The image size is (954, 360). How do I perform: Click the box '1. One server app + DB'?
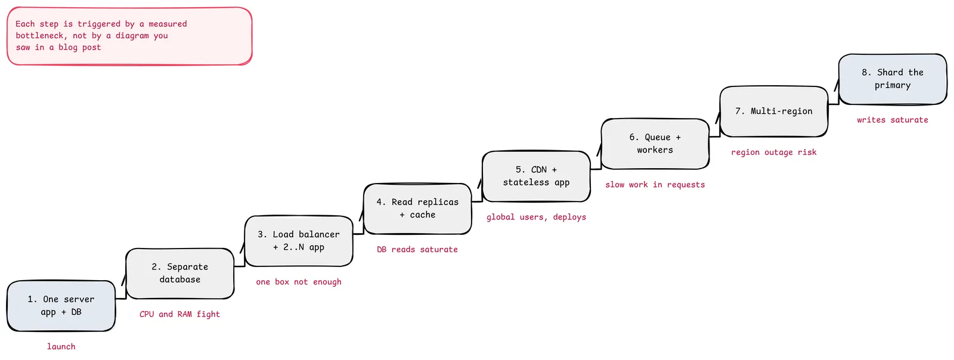click(x=61, y=306)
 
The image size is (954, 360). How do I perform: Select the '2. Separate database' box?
click(x=179, y=273)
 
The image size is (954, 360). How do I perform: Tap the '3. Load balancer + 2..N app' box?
click(x=299, y=241)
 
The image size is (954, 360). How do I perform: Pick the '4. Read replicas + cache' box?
click(x=417, y=209)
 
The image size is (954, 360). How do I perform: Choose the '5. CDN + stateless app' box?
click(x=536, y=176)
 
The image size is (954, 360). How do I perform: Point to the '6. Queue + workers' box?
click(x=655, y=144)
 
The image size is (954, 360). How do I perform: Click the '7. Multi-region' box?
click(x=774, y=111)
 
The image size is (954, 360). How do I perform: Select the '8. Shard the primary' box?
click(x=893, y=79)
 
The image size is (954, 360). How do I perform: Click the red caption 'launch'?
click(x=61, y=346)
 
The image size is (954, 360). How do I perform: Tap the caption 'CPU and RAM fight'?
click(x=179, y=314)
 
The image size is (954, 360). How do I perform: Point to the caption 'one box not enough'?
click(x=299, y=282)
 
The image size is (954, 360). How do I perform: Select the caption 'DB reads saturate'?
click(x=417, y=249)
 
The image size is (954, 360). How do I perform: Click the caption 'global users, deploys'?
click(x=536, y=217)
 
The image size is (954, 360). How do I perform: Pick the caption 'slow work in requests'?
click(x=655, y=185)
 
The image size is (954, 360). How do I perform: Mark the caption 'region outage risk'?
click(x=774, y=153)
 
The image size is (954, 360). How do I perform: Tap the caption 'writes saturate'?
click(x=893, y=120)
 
